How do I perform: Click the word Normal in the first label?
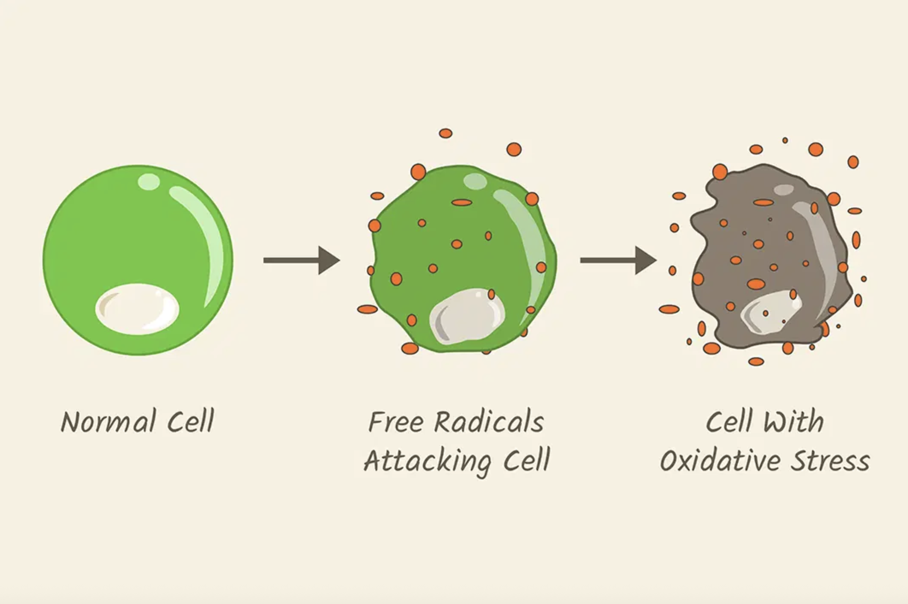[108, 422]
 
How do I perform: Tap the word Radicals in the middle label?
[489, 422]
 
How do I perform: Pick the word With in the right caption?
[794, 422]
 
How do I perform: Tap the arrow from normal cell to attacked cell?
[301, 260]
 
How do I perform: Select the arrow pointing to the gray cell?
[618, 260]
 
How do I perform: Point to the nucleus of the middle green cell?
[467, 316]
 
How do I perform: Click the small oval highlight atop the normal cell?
[149, 182]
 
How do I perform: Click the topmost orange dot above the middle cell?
[445, 133]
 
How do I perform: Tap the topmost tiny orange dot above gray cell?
[785, 140]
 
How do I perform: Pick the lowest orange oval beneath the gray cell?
[756, 361]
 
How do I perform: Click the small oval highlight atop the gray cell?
[784, 190]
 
